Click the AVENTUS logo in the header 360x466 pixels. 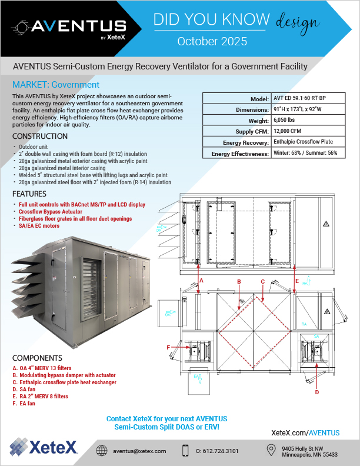71,27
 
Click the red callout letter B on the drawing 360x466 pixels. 239,282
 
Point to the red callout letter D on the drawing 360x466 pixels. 317,391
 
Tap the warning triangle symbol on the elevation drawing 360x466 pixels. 325,224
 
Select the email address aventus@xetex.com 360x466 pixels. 139,450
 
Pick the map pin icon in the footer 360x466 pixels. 271,450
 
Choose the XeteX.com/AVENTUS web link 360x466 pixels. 305,432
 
